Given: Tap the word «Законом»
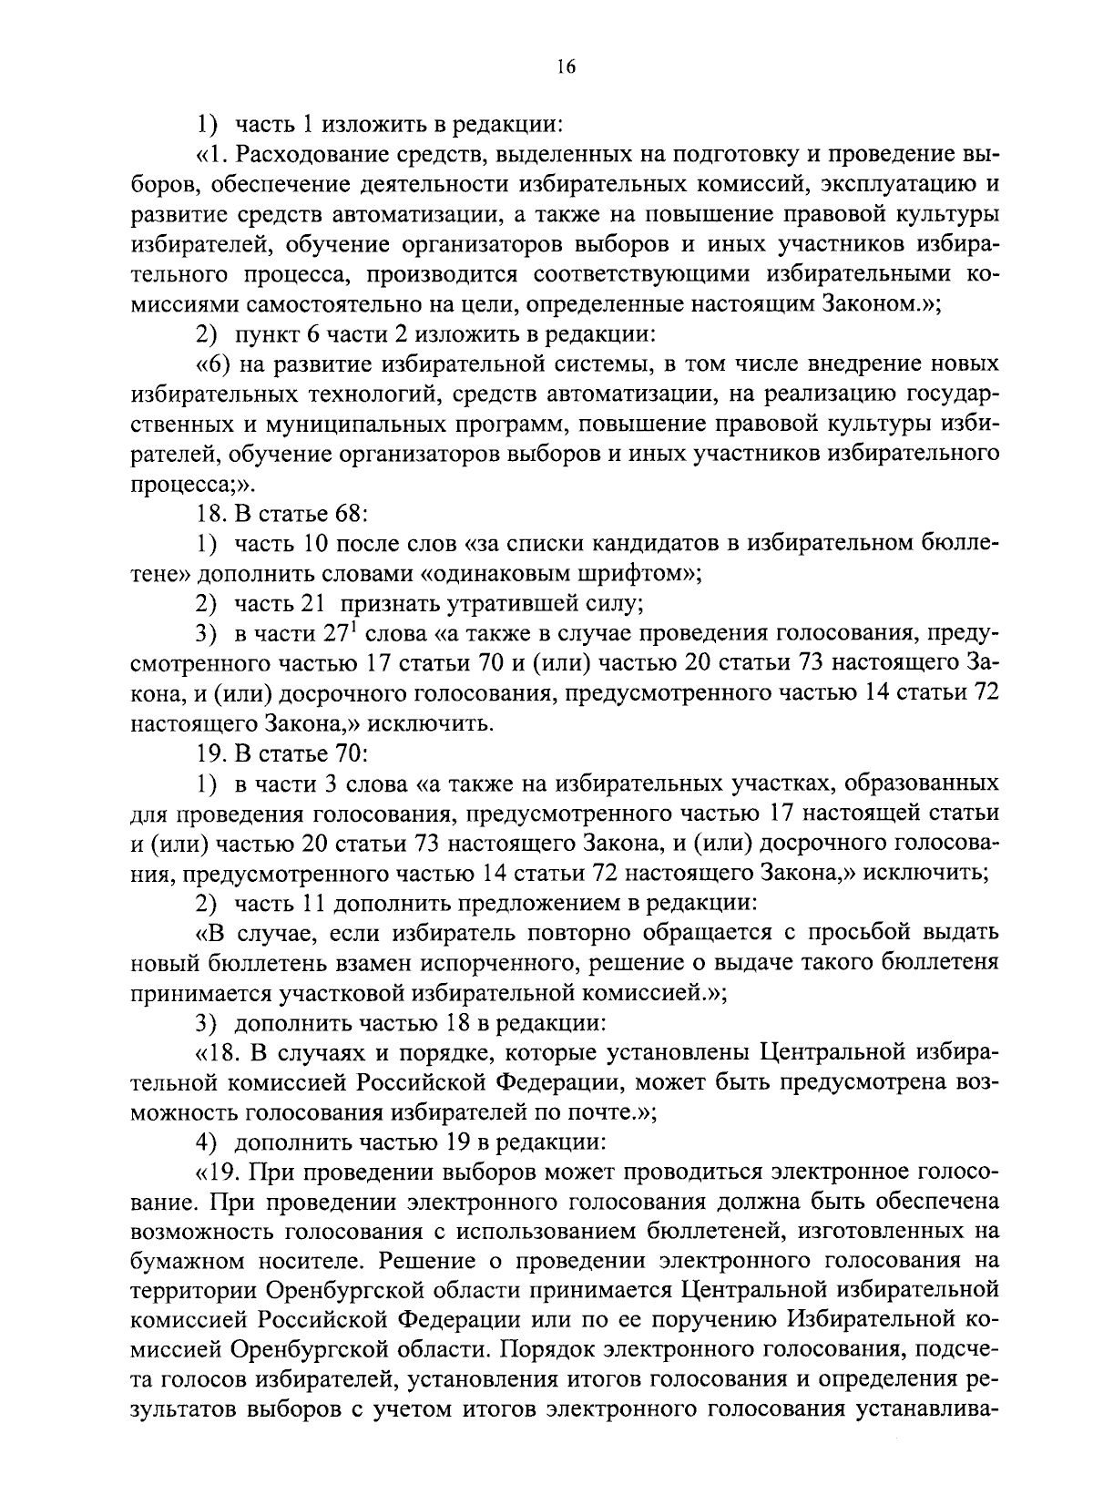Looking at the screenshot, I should [872, 304].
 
